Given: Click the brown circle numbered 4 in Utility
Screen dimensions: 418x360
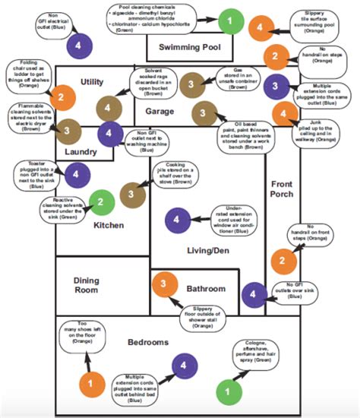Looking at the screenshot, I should point(109,107).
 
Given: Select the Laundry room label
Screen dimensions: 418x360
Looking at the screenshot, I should point(81,151).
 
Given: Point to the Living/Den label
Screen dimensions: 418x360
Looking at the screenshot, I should point(207,250).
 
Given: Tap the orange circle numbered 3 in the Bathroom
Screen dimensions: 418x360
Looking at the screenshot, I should point(164,285).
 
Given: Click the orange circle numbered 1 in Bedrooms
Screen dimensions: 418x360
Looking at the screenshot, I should point(91,383).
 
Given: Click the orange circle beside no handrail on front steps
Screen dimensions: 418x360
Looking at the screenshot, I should point(283,260).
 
